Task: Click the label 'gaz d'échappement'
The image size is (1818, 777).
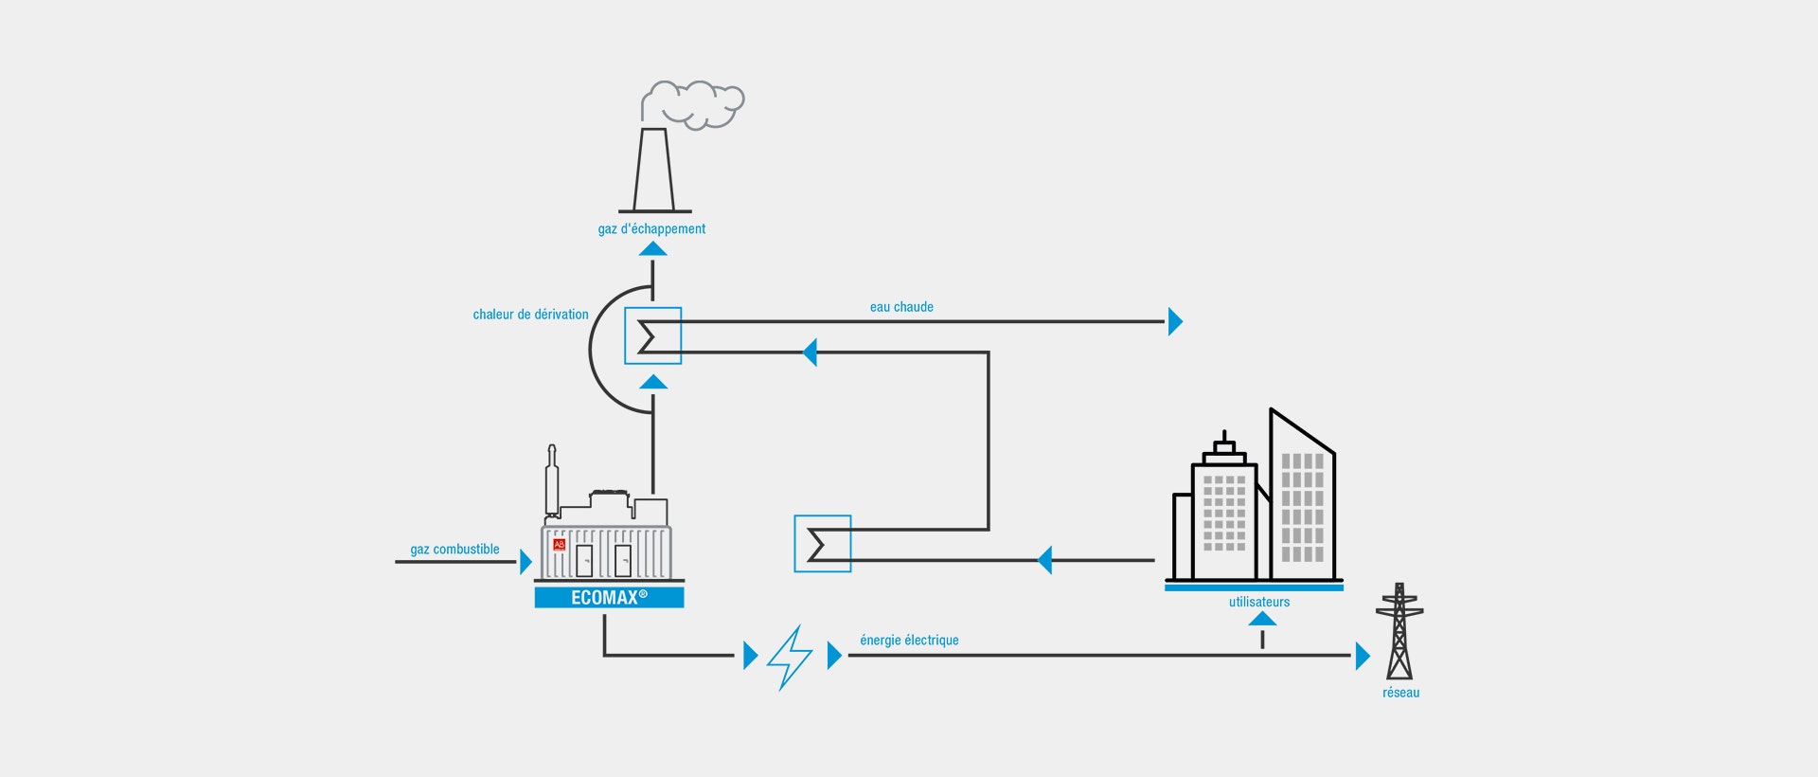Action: (x=651, y=229)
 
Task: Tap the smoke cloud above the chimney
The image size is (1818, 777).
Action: (x=694, y=103)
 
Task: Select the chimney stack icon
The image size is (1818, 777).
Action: (x=654, y=171)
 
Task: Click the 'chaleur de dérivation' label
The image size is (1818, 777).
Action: (x=530, y=315)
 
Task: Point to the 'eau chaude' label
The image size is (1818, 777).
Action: (x=901, y=307)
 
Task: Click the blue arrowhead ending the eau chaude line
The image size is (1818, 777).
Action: (x=1175, y=322)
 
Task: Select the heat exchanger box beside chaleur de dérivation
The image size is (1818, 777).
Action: (x=652, y=336)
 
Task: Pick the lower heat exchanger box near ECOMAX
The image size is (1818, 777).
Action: (x=822, y=544)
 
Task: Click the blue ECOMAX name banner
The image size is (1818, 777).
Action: (x=609, y=598)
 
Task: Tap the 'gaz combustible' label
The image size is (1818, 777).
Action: (x=454, y=550)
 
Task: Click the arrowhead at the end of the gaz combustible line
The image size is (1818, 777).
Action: (x=526, y=562)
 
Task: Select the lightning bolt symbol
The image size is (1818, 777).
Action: (x=790, y=657)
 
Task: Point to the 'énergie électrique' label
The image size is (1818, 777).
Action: (x=909, y=641)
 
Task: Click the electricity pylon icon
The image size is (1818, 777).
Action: (x=1399, y=632)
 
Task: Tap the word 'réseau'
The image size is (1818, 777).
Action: (x=1400, y=693)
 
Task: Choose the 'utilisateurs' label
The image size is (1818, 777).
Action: (x=1259, y=602)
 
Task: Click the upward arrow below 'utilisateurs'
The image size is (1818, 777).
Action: (x=1262, y=620)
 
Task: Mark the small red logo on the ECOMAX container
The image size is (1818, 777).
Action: (x=559, y=545)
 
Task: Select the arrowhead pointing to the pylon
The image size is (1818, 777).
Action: (x=1363, y=656)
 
